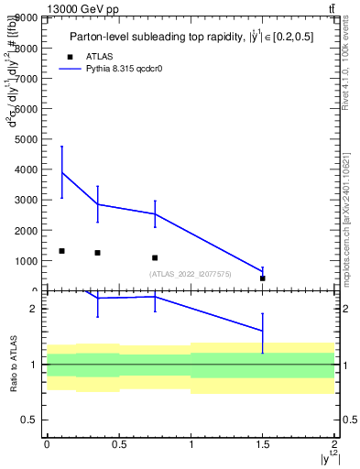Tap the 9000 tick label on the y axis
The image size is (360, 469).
26,17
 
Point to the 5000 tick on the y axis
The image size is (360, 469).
26,139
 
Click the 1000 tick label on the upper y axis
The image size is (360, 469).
26,261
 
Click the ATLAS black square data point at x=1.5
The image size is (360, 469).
263,278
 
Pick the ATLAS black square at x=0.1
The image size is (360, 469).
61,251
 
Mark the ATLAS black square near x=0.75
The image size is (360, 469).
155,257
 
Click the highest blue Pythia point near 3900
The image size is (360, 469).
61,172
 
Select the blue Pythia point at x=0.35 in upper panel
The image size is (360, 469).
98,204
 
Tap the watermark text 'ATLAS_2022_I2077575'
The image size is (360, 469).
191,274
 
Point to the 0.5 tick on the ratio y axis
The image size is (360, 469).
30,420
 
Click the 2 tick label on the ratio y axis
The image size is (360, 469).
34,309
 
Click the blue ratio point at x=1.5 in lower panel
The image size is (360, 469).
263,331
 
